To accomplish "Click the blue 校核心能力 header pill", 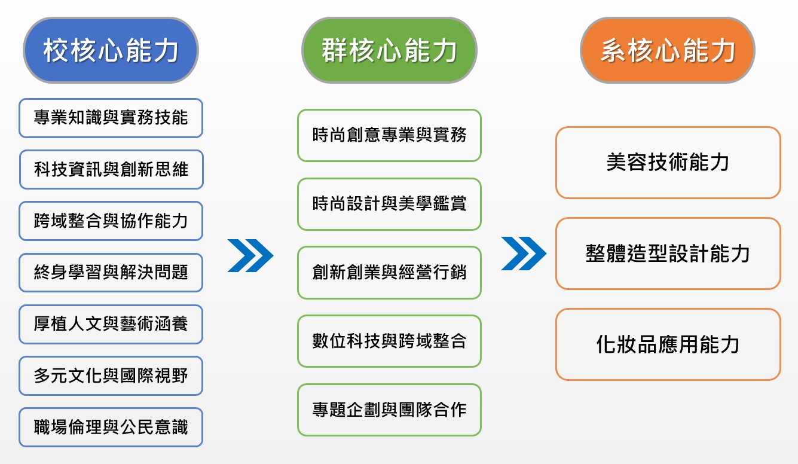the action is point(111,50).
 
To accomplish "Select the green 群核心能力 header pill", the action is point(389,50).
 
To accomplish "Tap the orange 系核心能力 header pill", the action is point(668,50).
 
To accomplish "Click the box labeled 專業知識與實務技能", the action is point(111,118).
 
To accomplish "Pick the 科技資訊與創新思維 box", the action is point(111,169).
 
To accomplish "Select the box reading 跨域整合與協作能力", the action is point(111,221).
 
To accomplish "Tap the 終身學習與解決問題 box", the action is point(111,273).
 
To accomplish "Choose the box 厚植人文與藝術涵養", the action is point(111,324).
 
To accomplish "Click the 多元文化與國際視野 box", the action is point(111,376).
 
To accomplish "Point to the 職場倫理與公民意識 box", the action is point(111,428).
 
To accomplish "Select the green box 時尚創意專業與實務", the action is point(389,135).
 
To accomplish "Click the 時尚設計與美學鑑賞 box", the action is point(389,204).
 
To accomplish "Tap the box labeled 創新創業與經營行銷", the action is point(389,273).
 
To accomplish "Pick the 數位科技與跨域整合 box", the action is point(389,341).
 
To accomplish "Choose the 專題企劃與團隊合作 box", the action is point(389,410).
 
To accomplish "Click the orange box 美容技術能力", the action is point(668,163).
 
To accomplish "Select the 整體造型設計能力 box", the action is point(668,254).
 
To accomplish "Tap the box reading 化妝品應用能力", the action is point(668,344).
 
